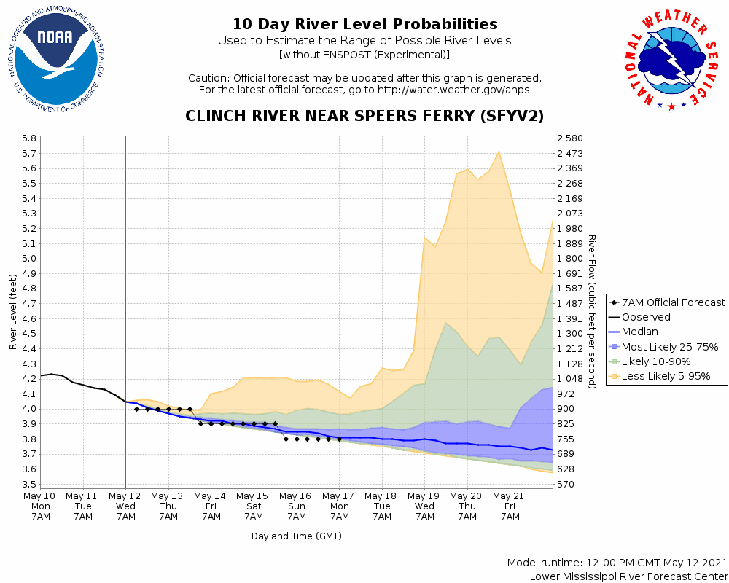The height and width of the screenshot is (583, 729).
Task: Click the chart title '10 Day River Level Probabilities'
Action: coord(364,25)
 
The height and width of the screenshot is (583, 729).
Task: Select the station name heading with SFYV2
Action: coord(364,116)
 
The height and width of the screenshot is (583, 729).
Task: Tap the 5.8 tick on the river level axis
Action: coord(29,138)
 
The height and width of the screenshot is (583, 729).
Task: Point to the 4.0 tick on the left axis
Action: coord(29,409)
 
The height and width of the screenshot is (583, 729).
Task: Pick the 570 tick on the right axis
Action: coord(566,484)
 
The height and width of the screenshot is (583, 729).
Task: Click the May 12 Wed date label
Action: coord(126,506)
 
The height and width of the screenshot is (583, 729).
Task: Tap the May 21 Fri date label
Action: coord(510,506)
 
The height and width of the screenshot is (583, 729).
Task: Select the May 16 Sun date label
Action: coord(297,506)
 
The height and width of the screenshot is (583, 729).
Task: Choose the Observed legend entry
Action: coord(646,317)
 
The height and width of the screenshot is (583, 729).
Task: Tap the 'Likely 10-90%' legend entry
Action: coord(656,361)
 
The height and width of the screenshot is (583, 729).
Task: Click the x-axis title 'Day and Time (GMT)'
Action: coord(297,536)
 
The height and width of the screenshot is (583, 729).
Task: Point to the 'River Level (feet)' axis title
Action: coord(14,311)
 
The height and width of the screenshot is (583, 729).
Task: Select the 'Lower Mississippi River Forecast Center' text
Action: coord(628,576)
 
